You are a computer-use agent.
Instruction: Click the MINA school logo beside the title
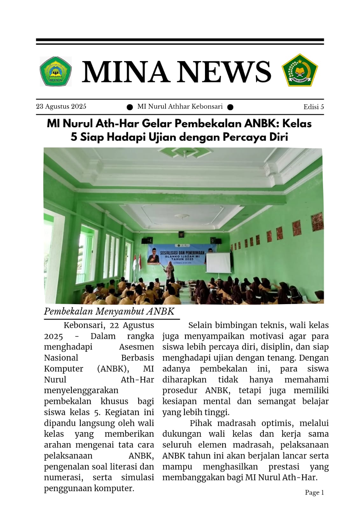coord(56,71)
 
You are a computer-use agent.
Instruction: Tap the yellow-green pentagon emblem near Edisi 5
coord(300,70)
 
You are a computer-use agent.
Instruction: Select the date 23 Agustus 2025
coord(61,107)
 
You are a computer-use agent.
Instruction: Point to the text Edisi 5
coord(314,107)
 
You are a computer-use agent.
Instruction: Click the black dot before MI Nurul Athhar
coord(130,107)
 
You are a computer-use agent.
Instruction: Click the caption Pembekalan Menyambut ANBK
coord(109,311)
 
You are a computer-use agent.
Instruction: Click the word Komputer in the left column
coord(64,369)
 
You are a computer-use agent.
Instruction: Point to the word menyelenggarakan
coord(81,390)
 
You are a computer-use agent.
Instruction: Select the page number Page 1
coord(314,492)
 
